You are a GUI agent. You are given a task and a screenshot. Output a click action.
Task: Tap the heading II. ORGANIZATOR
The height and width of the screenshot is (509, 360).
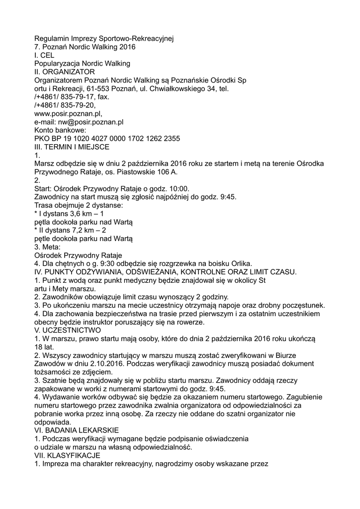tap(64, 72)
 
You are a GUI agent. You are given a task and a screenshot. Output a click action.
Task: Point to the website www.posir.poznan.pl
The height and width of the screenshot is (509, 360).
tap(68, 113)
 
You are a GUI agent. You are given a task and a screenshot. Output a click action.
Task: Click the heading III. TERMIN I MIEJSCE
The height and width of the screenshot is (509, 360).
tap(72, 147)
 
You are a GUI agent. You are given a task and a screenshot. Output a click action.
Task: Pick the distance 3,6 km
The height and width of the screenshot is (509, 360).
tap(75, 213)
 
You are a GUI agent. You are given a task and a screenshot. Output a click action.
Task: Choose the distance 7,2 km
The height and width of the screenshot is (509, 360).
tap(77, 230)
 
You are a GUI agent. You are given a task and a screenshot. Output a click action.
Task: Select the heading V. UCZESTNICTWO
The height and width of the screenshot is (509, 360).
tap(67, 330)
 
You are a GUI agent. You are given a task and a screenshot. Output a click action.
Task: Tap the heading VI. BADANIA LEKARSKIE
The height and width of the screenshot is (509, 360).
tap(77, 429)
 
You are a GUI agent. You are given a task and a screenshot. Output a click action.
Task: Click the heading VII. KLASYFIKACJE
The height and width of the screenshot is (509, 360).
tap(67, 455)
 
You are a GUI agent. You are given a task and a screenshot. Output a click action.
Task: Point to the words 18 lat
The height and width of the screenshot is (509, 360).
tap(44, 346)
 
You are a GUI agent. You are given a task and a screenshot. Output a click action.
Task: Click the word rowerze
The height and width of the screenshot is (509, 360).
tap(186, 322)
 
